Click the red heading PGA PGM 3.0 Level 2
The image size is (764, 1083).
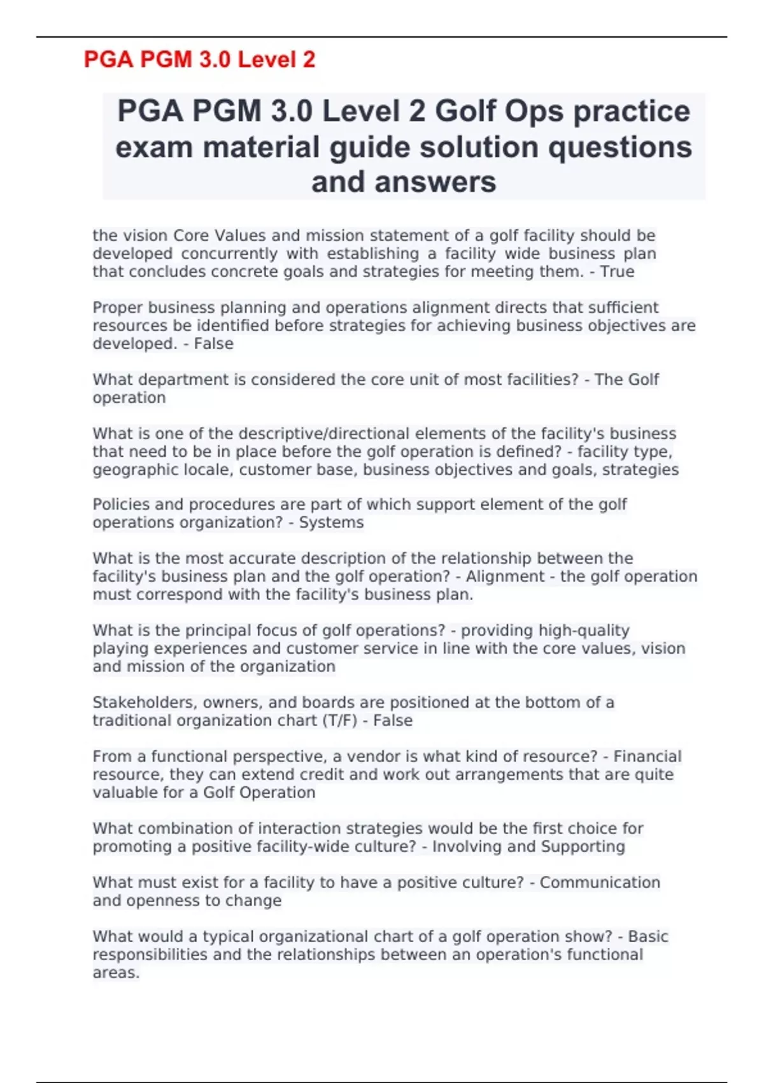coord(199,60)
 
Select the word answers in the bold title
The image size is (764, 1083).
coord(435,182)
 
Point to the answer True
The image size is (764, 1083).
coord(618,272)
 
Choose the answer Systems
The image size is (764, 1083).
coord(331,523)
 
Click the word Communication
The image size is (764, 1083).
coord(600,883)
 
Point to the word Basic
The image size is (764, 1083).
coord(647,937)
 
